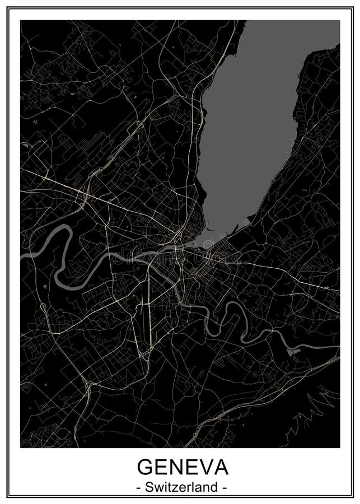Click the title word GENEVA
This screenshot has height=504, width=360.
(180, 466)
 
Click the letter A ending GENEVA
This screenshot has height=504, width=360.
(216, 466)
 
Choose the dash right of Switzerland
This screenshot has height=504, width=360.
(223, 488)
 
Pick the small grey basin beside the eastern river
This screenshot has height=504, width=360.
(292, 352)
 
